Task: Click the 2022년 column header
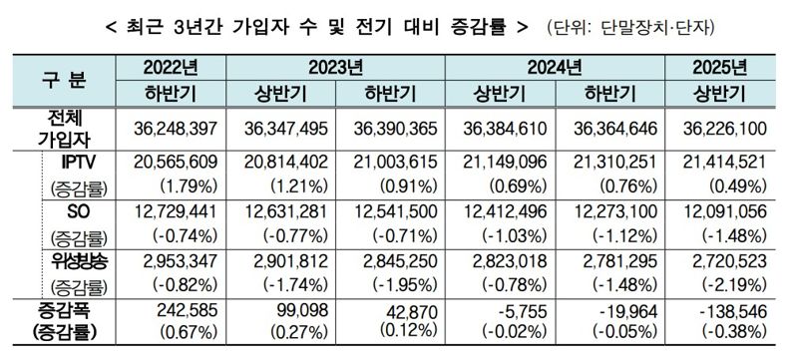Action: [x=171, y=69]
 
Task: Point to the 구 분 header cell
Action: [x=62, y=81]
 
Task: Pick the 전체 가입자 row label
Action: [x=62, y=128]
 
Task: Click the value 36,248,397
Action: [x=171, y=129]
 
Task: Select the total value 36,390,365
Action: [x=390, y=129]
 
